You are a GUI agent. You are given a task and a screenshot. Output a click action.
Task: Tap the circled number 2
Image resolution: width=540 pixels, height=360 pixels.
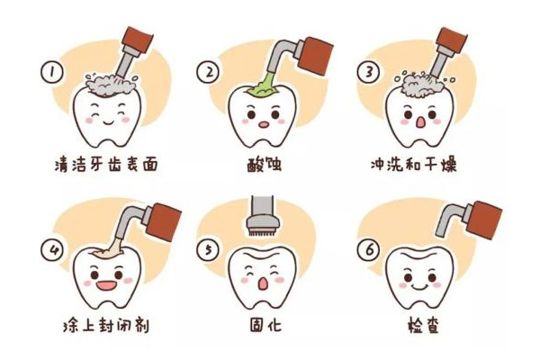click(209, 70)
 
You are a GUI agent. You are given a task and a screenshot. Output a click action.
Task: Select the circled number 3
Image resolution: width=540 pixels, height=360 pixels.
click(368, 70)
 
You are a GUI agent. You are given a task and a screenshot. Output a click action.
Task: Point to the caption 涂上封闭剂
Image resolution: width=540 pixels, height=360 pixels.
click(101, 325)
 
